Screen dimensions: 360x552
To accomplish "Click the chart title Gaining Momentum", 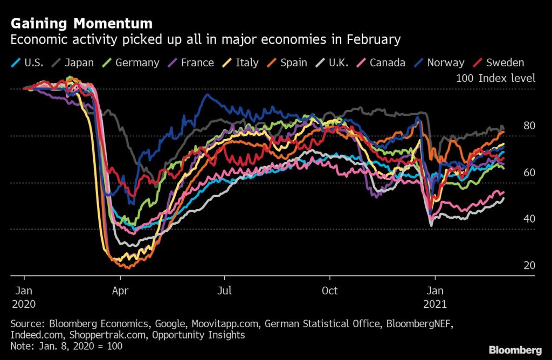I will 81,24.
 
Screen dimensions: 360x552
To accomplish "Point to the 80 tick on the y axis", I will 529,126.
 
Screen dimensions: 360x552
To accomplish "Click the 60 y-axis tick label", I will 529,172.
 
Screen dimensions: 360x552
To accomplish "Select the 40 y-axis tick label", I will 529,219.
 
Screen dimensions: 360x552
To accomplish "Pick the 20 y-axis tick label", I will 529,265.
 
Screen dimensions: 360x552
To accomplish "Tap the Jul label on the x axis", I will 224,291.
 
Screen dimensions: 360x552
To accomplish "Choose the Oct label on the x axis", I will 329,291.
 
